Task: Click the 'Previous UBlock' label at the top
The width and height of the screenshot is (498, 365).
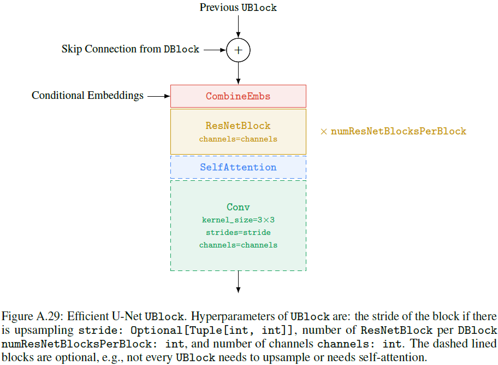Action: [x=238, y=8]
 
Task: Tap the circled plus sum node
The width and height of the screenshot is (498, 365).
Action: [x=238, y=50]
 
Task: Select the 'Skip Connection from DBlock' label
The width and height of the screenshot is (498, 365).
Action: [x=131, y=49]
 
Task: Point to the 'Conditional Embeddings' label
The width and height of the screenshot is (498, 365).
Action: [x=87, y=96]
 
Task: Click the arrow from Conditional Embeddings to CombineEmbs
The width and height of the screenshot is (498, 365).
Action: [x=159, y=96]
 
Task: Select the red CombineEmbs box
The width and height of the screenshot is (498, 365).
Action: [x=238, y=96]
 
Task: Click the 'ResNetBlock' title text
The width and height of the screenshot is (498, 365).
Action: [x=238, y=126]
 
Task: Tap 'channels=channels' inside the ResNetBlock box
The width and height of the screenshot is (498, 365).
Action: [x=238, y=139]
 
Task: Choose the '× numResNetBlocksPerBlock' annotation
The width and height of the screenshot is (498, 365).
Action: [x=393, y=131]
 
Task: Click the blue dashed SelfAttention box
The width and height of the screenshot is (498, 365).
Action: [x=238, y=167]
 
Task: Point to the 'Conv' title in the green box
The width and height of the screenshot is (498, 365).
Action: [x=238, y=207]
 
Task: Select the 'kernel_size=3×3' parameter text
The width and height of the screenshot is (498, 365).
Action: [x=238, y=220]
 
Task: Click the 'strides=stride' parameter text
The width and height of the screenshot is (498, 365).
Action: [x=238, y=232]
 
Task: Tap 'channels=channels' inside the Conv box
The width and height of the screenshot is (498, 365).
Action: [x=238, y=245]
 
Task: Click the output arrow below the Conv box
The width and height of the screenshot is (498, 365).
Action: [x=238, y=282]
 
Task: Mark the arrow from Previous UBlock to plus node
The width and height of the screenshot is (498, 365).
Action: [x=238, y=26]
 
